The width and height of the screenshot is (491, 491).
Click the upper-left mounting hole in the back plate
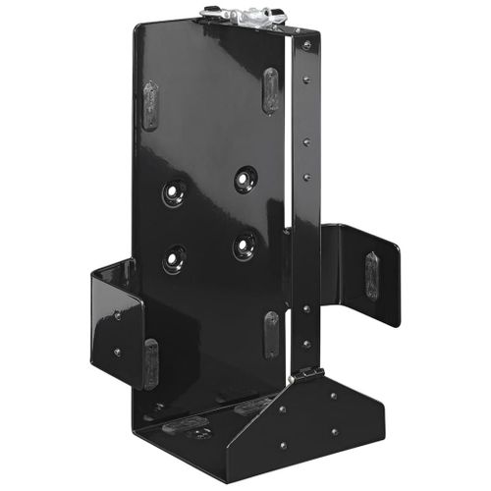[175, 192]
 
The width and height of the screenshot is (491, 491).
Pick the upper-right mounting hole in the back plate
[245, 180]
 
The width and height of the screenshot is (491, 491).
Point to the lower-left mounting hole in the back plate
[174, 257]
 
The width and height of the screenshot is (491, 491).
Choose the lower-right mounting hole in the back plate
[245, 245]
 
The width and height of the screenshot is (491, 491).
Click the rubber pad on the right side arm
[371, 275]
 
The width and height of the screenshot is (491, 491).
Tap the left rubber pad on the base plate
[186, 428]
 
